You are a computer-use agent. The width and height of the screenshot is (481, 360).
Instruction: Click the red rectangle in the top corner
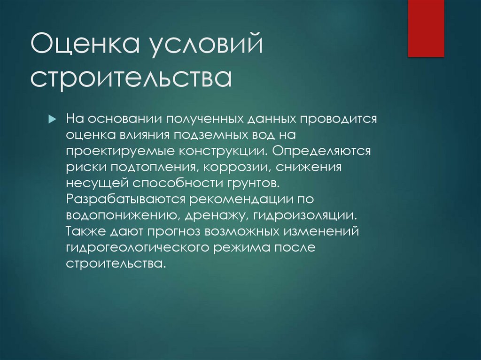[x=426, y=28]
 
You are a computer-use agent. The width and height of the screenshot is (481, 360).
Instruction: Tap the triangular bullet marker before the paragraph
[x=53, y=119]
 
